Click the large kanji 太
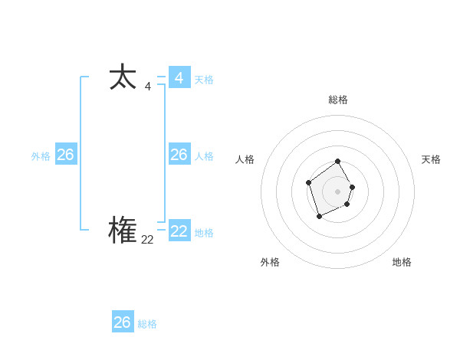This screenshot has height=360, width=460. [123, 78]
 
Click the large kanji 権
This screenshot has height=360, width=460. [123, 231]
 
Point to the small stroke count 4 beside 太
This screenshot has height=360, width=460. [147, 87]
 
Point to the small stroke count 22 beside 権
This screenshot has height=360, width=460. [147, 240]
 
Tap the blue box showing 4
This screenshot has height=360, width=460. [179, 78]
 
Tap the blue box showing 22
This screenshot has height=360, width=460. [179, 231]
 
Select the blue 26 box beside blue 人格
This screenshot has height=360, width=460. [179, 155]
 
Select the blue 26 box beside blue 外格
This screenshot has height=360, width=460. [66, 155]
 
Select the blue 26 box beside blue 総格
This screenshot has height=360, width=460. [123, 322]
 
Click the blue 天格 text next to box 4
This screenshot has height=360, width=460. [204, 80]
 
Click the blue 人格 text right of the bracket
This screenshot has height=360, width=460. [204, 156]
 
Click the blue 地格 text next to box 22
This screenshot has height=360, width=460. [204, 233]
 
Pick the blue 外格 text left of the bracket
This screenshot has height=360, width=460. [41, 156]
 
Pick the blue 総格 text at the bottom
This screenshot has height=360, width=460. [147, 324]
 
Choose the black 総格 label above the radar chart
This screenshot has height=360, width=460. [338, 100]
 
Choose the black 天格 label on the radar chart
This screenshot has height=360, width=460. [432, 159]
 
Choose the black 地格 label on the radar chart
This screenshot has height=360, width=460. [402, 262]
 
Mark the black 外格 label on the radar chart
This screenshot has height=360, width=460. [270, 262]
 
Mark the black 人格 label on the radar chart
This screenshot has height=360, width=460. [245, 159]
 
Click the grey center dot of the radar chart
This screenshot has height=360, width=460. [338, 191]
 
